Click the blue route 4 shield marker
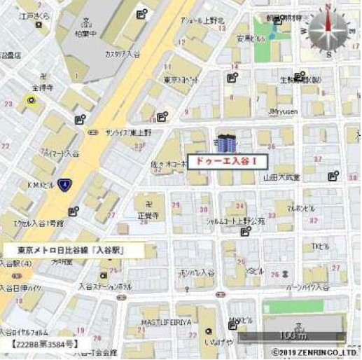(64, 184)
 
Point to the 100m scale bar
(291, 335)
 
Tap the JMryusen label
(283, 111)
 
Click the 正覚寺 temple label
(147, 216)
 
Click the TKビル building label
(320, 246)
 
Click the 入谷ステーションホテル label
(105, 286)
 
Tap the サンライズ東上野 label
(129, 132)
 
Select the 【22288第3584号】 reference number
(44, 344)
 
